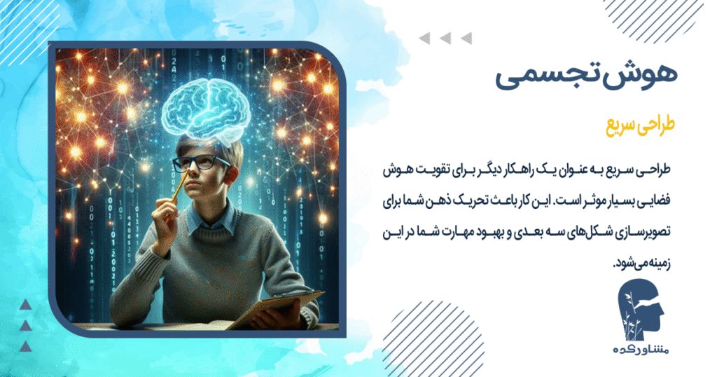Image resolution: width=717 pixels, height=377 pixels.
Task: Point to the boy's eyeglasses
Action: [203, 163]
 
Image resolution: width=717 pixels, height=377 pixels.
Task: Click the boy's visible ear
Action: [237, 172]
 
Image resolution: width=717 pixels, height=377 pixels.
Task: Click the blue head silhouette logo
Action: [639, 310]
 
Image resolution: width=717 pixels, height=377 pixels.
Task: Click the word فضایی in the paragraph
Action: [648, 200]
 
